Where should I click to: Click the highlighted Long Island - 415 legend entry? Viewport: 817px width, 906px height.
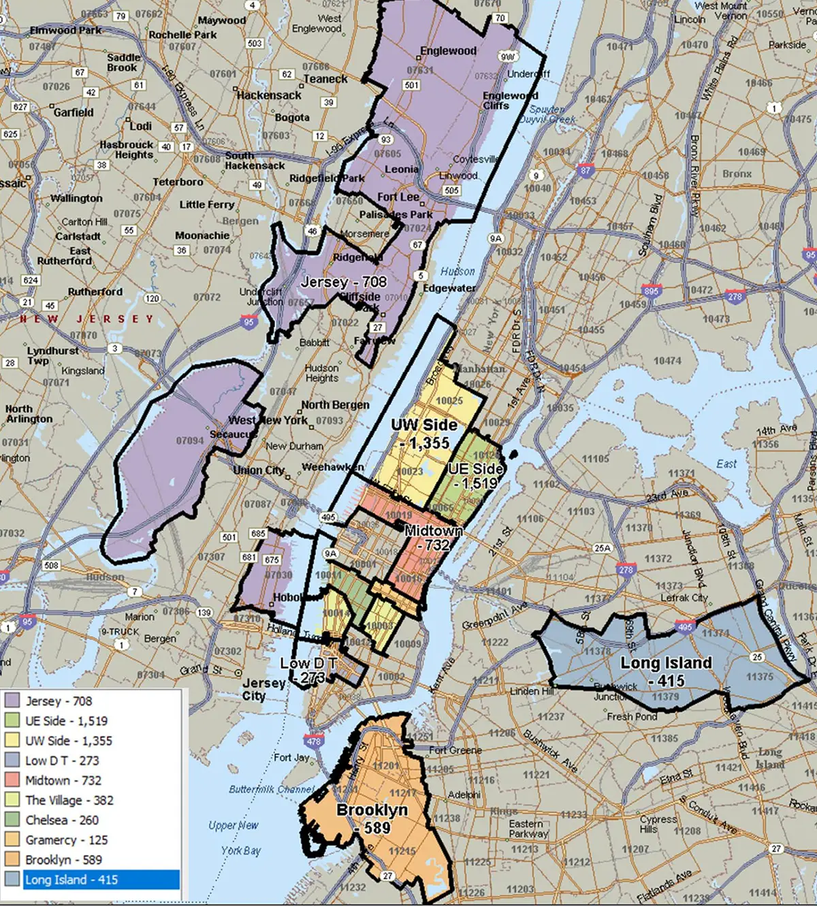[x=71, y=879]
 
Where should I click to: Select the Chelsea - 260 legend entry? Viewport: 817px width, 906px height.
[x=62, y=820]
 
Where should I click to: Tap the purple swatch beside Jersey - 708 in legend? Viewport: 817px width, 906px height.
[x=12, y=700]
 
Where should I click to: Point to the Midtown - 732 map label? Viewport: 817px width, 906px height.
[x=434, y=538]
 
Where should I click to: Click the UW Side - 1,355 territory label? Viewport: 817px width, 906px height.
[x=424, y=434]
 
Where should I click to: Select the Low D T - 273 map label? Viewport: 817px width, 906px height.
[x=308, y=670]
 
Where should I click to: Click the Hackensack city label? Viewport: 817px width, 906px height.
[x=269, y=95]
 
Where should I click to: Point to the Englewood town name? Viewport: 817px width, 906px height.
[x=448, y=51]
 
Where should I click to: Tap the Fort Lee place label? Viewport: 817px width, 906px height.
[x=398, y=197]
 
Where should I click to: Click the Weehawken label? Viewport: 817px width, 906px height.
[x=332, y=467]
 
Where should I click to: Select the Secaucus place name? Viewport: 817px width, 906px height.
[x=233, y=434]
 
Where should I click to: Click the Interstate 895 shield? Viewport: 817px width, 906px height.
[x=651, y=291]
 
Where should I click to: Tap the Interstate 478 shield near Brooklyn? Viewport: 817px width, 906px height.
[x=314, y=741]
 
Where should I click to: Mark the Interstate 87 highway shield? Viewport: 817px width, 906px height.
[x=586, y=171]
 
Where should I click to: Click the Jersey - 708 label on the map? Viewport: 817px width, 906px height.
[x=344, y=282]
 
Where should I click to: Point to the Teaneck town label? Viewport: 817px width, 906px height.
[x=325, y=79]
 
